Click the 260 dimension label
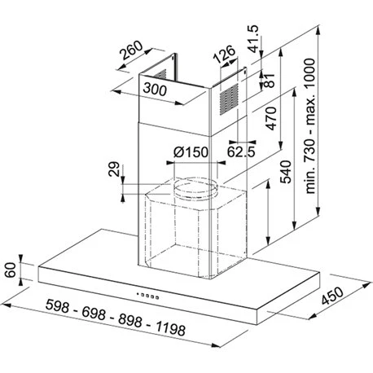(x=132, y=50)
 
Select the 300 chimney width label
(x=155, y=90)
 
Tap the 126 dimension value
(x=224, y=55)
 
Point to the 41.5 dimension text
(x=253, y=38)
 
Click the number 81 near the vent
(x=270, y=81)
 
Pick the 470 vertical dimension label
(x=271, y=118)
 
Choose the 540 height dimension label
(x=285, y=172)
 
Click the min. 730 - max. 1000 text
(x=310, y=125)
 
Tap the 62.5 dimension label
(x=241, y=152)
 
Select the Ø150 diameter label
(x=191, y=152)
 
